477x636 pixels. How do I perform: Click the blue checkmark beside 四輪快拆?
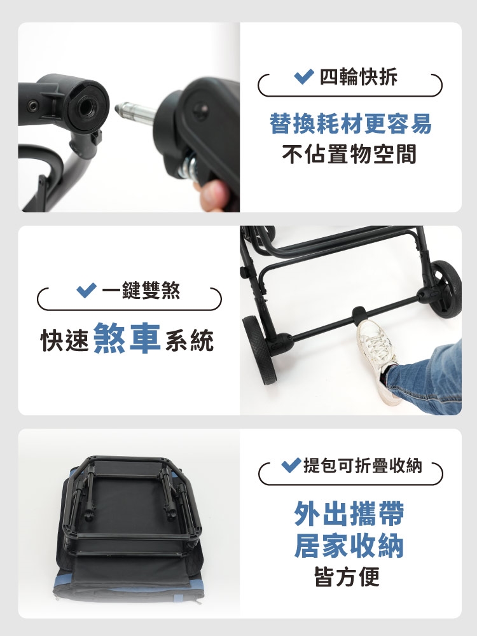[303, 76]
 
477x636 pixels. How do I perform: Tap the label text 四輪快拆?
[359, 77]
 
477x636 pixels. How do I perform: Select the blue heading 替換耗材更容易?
[350, 124]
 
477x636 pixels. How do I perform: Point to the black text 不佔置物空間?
[350, 154]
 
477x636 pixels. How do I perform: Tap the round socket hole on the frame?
[86, 106]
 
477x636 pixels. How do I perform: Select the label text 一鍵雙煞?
[141, 291]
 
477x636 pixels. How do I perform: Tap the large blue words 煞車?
[127, 338]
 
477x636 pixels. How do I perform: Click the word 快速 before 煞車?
[64, 340]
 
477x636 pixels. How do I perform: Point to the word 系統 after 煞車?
[190, 340]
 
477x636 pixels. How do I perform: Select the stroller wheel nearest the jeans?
[446, 288]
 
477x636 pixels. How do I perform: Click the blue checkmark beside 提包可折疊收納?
[291, 465]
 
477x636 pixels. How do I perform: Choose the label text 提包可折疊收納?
[363, 466]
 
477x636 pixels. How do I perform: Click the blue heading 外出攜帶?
[349, 513]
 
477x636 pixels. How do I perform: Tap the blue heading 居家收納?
[349, 546]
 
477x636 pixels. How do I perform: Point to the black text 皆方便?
[347, 576]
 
